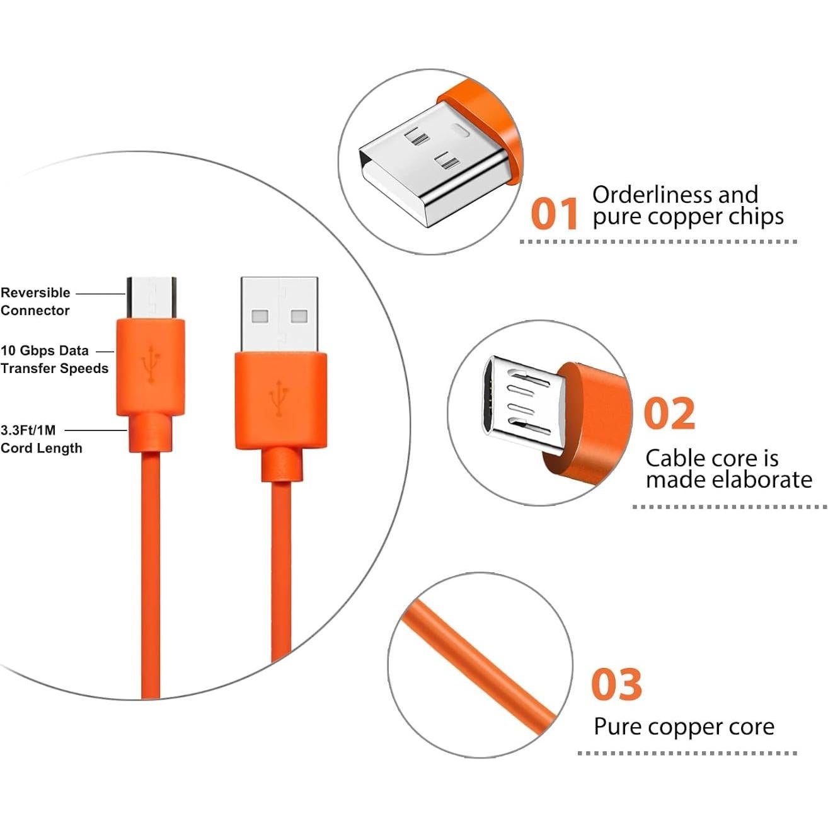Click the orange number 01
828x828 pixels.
pyautogui.click(x=554, y=214)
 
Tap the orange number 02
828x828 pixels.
pyautogui.click(x=669, y=413)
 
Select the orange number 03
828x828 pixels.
pyautogui.click(x=616, y=685)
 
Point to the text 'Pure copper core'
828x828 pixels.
pyautogui.click(x=684, y=727)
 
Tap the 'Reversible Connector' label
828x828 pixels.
pyautogui.click(x=35, y=301)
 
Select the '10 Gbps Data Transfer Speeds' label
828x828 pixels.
pyautogui.click(x=54, y=359)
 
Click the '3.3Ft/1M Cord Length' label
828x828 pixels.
pyautogui.click(x=41, y=439)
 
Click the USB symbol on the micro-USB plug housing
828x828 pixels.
pyautogui.click(x=151, y=364)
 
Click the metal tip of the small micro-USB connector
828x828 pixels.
pyautogui.click(x=152, y=297)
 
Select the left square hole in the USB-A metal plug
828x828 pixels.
pyautogui.click(x=260, y=316)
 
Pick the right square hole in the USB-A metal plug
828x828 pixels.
pyautogui.click(x=298, y=316)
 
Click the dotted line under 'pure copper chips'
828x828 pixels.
pyautogui.click(x=658, y=241)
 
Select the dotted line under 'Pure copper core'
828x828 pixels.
pyautogui.click(x=687, y=753)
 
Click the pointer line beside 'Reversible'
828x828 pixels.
pyautogui.click(x=100, y=293)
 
